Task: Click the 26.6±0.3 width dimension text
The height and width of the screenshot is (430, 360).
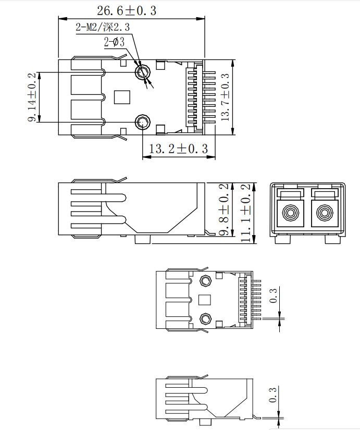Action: click(127, 10)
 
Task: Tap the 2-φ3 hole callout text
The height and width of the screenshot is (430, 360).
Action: click(114, 43)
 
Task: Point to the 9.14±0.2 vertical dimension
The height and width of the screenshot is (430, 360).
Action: click(32, 97)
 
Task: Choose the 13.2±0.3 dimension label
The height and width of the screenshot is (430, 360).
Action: click(178, 149)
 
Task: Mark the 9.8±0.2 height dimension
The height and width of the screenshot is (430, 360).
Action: click(224, 210)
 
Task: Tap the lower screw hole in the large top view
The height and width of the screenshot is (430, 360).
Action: click(142, 122)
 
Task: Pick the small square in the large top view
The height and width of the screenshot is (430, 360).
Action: click(121, 96)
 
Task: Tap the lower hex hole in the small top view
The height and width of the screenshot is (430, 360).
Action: click(205, 318)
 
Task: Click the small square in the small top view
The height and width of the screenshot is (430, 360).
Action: click(205, 300)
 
